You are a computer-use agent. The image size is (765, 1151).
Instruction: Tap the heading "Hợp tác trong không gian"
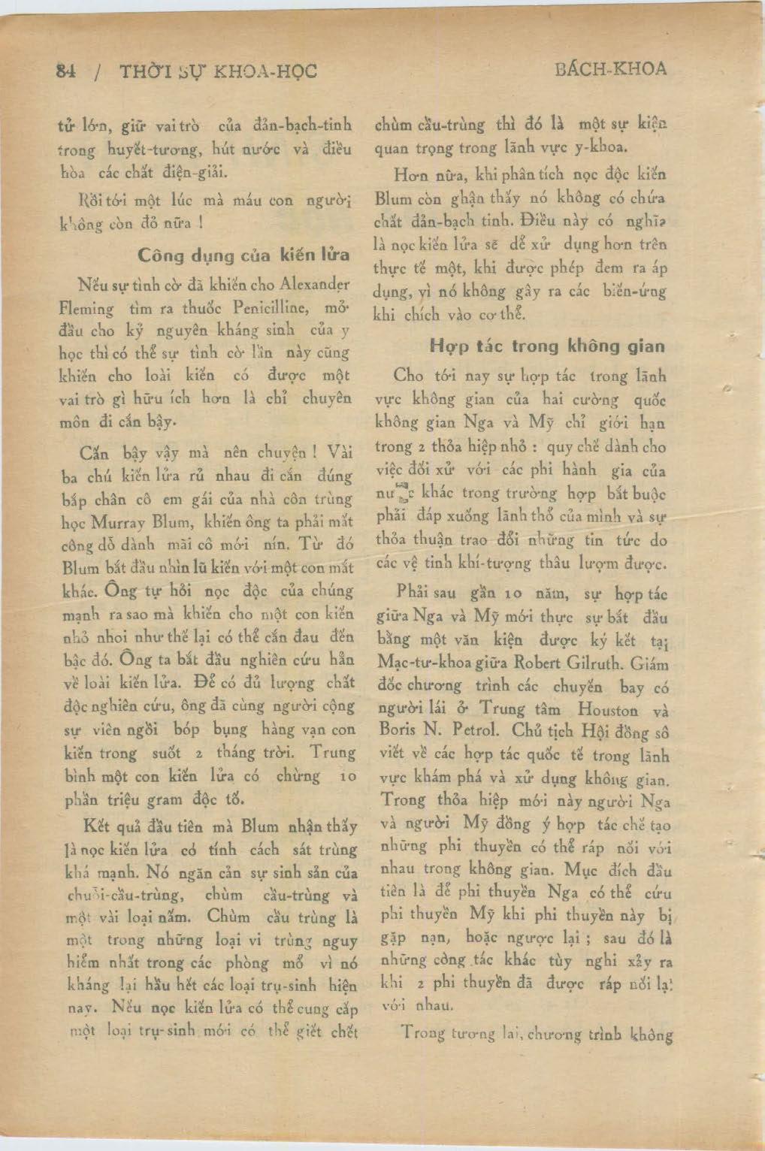547,346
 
